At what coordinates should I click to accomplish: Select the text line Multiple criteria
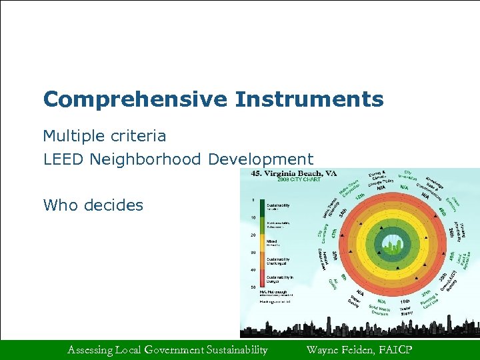105,137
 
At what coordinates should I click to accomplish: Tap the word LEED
63,160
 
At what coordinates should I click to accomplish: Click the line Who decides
93,205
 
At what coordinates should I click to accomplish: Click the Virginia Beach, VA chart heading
293,173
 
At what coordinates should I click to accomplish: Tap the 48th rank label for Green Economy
443,211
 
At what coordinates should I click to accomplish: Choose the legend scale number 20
253,235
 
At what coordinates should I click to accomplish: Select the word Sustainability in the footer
237,350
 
